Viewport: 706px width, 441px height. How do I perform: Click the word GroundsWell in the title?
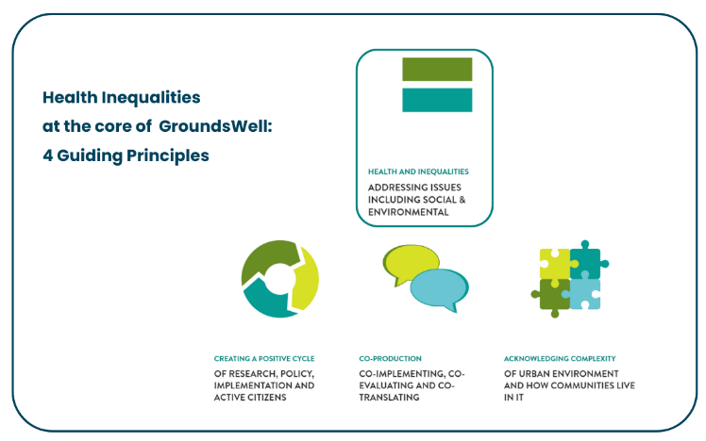point(215,125)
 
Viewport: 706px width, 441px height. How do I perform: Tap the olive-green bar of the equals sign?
point(437,69)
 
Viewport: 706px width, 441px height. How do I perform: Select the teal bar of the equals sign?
point(437,100)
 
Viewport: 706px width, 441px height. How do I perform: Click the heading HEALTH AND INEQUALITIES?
point(418,171)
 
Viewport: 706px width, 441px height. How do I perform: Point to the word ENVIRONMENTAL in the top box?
point(408,213)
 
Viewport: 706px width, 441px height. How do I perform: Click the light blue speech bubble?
point(439,287)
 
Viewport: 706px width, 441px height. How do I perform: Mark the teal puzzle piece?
point(586,262)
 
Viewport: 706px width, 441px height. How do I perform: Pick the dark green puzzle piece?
point(553,294)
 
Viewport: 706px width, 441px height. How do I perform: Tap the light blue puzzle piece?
point(585,294)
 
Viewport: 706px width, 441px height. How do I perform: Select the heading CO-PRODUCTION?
point(390,359)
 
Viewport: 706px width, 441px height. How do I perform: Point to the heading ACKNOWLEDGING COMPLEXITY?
point(560,359)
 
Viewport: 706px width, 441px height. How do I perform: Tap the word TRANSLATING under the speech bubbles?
point(389,398)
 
